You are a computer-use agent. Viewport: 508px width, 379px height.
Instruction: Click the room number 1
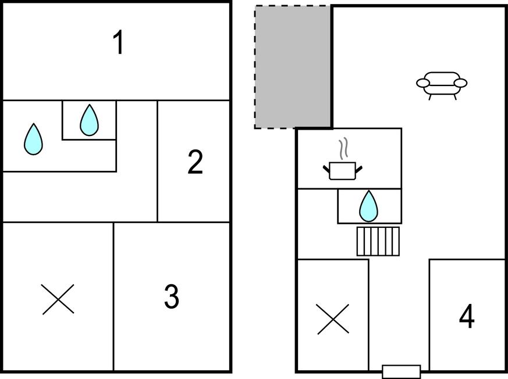[119, 44]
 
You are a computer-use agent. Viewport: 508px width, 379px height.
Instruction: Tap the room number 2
[196, 162]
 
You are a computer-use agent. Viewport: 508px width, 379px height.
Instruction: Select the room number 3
[171, 297]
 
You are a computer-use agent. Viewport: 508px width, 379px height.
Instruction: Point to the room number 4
[467, 317]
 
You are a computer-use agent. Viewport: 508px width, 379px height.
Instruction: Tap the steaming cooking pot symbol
[342, 169]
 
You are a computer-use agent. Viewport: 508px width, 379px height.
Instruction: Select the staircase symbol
[378, 241]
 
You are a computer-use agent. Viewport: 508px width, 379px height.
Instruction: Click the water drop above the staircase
[368, 206]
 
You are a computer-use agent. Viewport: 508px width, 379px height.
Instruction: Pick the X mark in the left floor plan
[58, 299]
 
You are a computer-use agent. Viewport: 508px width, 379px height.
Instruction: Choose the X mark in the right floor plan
[333, 319]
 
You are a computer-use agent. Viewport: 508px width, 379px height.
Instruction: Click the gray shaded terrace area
[293, 67]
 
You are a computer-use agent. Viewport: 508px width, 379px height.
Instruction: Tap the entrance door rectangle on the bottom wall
[401, 371]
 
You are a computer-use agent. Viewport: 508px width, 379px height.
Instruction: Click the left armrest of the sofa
[424, 83]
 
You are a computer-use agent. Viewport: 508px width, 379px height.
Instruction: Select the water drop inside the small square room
[89, 120]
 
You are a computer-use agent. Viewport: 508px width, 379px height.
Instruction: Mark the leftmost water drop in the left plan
[33, 140]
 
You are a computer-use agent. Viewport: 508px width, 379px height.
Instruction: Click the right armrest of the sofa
[460, 83]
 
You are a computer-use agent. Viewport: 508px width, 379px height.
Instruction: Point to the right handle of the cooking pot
[358, 169]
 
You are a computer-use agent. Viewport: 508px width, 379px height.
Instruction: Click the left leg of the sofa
[430, 96]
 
